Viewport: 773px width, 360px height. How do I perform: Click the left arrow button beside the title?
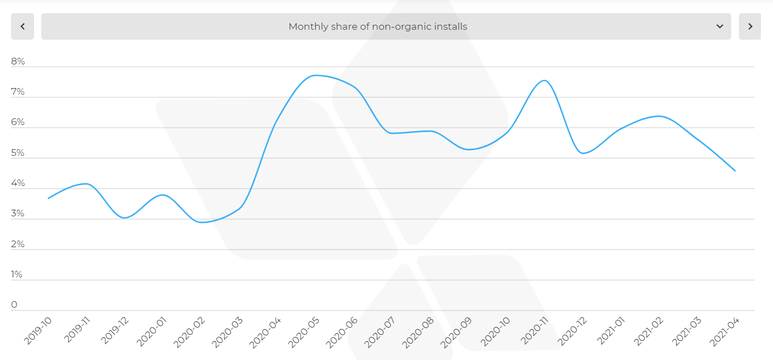(x=23, y=26)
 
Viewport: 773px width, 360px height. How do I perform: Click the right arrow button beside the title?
(x=749, y=26)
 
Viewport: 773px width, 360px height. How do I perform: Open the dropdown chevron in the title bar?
(x=720, y=26)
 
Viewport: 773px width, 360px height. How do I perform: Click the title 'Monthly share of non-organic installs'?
(x=377, y=26)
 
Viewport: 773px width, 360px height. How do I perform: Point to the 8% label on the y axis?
(x=18, y=62)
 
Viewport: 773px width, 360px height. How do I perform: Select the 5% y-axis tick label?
(x=18, y=153)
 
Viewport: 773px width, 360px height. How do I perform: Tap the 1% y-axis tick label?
(x=17, y=274)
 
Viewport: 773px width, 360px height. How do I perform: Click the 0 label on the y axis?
(x=14, y=304)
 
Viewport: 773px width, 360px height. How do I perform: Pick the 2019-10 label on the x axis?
(x=38, y=331)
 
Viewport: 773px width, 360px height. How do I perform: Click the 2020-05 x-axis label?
(x=303, y=331)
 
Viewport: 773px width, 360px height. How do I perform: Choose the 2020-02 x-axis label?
(x=189, y=331)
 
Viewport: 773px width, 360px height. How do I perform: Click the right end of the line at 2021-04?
(x=735, y=171)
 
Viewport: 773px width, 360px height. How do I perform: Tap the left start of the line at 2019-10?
(x=48, y=198)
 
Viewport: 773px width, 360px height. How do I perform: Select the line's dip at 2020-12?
(x=583, y=153)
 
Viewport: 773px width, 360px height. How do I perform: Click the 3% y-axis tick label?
(x=18, y=214)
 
